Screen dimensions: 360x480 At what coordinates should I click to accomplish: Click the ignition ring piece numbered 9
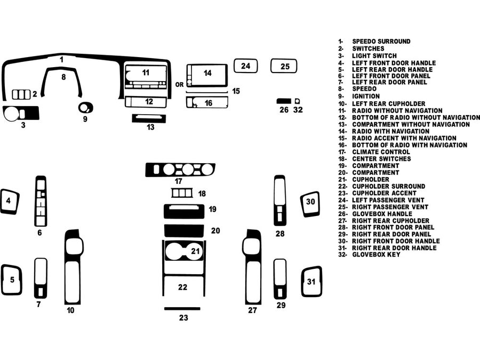85,108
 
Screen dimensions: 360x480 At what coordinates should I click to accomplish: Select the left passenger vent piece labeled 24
246,66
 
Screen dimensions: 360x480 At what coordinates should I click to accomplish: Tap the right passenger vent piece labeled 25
283,66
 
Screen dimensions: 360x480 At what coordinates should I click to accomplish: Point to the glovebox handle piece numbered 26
283,100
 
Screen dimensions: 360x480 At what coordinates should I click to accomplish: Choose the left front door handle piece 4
9,202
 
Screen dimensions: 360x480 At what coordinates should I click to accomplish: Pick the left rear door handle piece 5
11,279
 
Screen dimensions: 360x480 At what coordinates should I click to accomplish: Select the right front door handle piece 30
310,204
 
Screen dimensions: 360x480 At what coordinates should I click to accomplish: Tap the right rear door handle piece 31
311,281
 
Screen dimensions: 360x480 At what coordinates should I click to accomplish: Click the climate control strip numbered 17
180,170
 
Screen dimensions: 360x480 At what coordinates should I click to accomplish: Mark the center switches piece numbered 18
181,193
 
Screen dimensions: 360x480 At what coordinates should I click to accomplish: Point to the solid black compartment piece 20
184,231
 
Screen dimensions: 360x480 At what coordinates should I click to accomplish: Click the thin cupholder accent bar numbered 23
182,308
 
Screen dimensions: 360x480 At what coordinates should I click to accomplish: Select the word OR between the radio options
179,84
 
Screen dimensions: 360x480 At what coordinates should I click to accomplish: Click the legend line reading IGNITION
366,97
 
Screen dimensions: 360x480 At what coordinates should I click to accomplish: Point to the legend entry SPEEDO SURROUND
381,41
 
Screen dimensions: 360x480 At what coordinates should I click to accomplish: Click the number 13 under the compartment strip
150,127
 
